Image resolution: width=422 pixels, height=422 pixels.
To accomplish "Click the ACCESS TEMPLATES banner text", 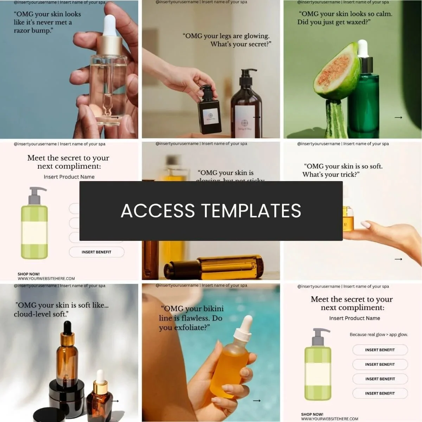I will click(211, 211).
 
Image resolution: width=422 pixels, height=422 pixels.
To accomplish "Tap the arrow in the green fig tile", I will click(398, 117).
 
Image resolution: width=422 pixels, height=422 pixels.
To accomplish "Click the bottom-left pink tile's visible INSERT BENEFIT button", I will click(96, 252).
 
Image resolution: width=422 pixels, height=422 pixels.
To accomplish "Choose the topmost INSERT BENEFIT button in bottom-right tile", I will click(380, 350).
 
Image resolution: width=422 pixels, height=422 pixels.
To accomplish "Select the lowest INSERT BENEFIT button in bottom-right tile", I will click(380, 393).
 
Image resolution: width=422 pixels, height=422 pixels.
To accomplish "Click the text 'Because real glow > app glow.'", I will click(379, 334).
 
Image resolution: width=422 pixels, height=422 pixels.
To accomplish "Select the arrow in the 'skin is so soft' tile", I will click(398, 259).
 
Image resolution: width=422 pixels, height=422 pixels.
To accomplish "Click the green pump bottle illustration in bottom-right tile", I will click(318, 366).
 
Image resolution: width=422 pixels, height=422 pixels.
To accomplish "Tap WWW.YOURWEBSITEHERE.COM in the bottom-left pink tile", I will click(46, 279).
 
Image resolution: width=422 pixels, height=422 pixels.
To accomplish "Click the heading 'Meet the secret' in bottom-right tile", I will click(352, 303).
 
